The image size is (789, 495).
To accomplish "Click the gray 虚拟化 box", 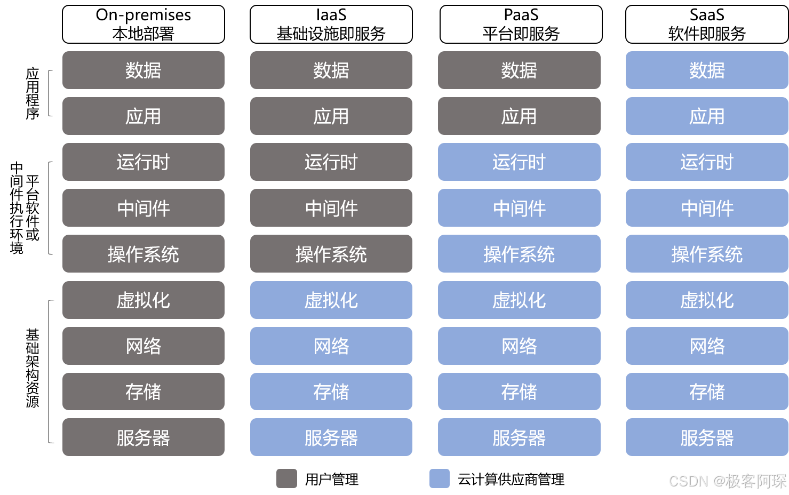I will (143, 300).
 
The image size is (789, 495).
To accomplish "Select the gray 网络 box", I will (143, 346).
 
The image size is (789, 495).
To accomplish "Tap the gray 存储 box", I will (143, 392).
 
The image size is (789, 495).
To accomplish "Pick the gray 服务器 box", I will (143, 437).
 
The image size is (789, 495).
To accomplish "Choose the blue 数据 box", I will (706, 70).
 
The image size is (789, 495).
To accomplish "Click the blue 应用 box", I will (706, 116).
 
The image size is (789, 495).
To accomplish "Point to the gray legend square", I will (286, 478).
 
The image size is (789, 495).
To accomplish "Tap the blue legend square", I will (439, 478).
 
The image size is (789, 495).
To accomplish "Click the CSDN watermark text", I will (727, 481).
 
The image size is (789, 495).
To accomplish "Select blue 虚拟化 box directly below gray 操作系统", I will (331, 300).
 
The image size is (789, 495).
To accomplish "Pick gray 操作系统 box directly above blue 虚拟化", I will (331, 254).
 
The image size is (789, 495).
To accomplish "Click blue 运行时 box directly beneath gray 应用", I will (519, 162).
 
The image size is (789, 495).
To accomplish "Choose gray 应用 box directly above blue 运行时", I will (519, 116).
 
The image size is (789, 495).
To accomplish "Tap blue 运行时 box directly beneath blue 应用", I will (706, 162).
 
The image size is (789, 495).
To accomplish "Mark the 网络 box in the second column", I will (331, 346).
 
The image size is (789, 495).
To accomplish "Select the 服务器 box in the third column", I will (519, 437).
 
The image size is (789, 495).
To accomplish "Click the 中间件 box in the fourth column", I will (706, 208).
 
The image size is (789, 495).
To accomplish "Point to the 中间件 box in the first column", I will (143, 208).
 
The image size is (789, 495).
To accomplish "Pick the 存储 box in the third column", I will (519, 392).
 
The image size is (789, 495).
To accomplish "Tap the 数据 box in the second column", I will (331, 70).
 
